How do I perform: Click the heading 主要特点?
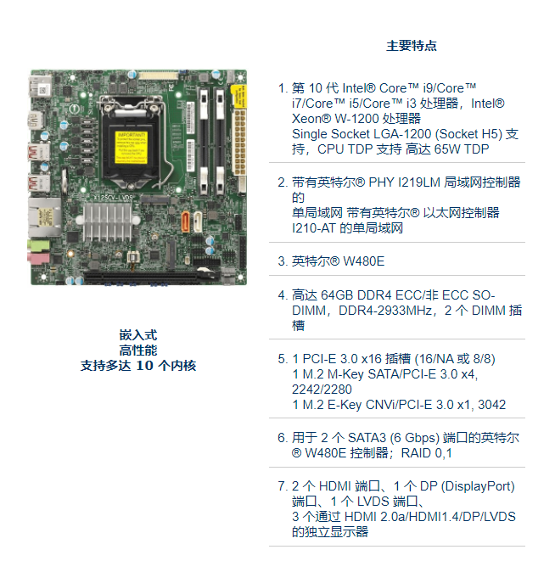point(412,46)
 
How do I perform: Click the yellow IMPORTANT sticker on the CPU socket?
point(131,148)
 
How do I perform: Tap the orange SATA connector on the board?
point(185,222)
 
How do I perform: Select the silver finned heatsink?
point(108,222)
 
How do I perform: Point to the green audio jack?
point(39,244)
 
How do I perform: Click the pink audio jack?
point(38,258)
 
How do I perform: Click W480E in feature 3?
point(364,261)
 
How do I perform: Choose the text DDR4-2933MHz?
point(385,310)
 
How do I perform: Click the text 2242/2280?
point(322,390)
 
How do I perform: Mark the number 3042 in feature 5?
point(491,405)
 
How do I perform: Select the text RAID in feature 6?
point(416,453)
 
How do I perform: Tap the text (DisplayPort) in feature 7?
point(478,486)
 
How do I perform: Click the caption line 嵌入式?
point(138,335)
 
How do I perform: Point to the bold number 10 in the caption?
point(144,366)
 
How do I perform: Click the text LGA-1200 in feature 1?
point(398,134)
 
